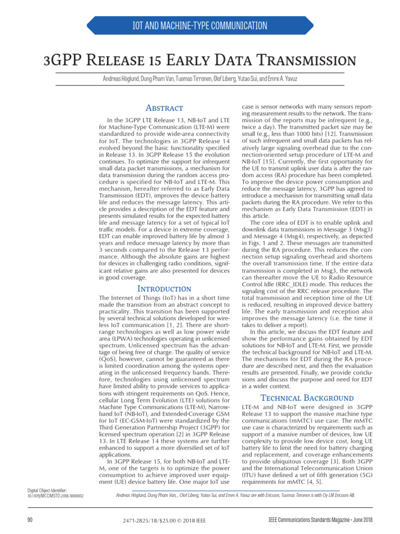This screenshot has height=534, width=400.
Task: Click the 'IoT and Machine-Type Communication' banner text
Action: [200, 26]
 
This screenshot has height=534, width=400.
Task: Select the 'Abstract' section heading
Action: [164, 108]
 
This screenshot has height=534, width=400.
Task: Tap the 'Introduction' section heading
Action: [164, 288]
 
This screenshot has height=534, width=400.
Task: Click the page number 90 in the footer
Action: [30, 520]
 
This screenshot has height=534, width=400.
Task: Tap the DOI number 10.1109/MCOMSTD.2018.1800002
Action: [55, 495]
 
